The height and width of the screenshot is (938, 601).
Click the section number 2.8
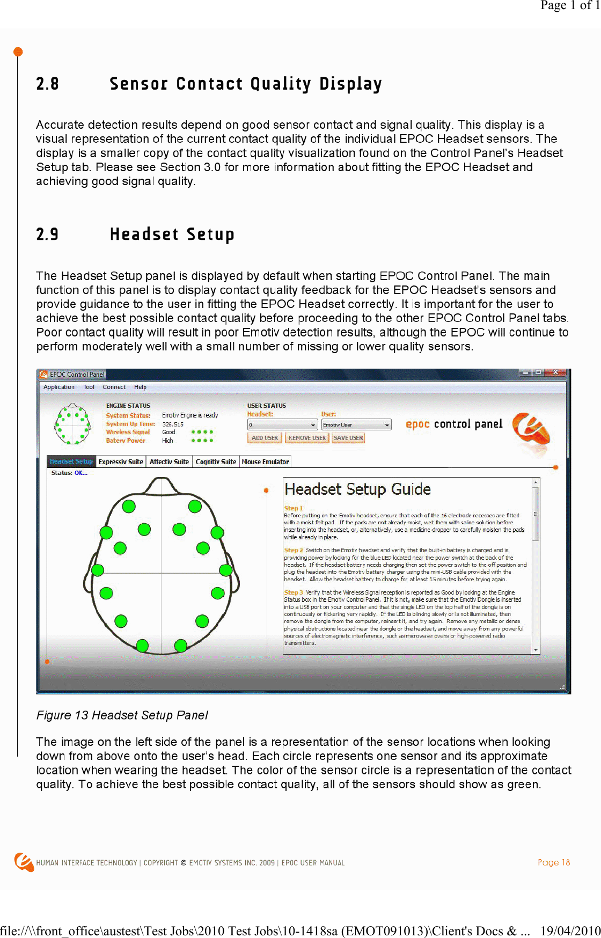click(x=47, y=84)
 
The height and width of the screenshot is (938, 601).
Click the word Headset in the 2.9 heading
click(x=144, y=234)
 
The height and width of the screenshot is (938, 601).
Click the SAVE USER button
click(x=348, y=438)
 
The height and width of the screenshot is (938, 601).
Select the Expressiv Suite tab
click(x=121, y=461)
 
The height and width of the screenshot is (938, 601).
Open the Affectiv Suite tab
click(x=169, y=461)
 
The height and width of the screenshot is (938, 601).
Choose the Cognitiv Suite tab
click(x=216, y=461)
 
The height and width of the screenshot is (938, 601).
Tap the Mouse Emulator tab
click(x=265, y=461)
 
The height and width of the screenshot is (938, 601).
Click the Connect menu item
click(x=114, y=387)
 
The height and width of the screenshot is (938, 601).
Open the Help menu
click(x=140, y=387)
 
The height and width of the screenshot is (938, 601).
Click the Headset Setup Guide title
click(x=357, y=489)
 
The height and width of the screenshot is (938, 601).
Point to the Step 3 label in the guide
click(x=293, y=592)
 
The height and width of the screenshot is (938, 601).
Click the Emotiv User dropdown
click(x=356, y=424)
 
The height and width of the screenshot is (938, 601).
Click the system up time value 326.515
click(x=173, y=424)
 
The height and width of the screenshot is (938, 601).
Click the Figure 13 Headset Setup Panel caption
click(x=122, y=715)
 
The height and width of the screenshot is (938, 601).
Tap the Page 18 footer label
click(x=553, y=862)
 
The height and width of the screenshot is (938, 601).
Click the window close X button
click(x=556, y=372)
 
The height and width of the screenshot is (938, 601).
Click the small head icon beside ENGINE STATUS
click(x=72, y=424)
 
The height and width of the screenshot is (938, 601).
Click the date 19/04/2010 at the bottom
click(x=570, y=930)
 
